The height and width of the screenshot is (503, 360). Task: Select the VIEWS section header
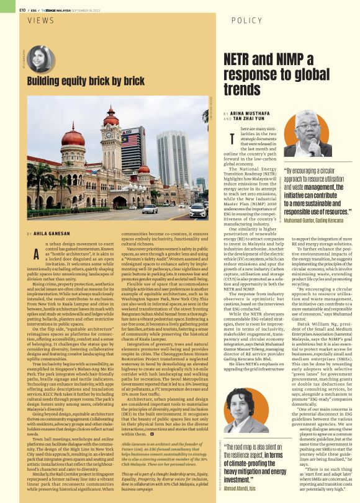tap(42, 20)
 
